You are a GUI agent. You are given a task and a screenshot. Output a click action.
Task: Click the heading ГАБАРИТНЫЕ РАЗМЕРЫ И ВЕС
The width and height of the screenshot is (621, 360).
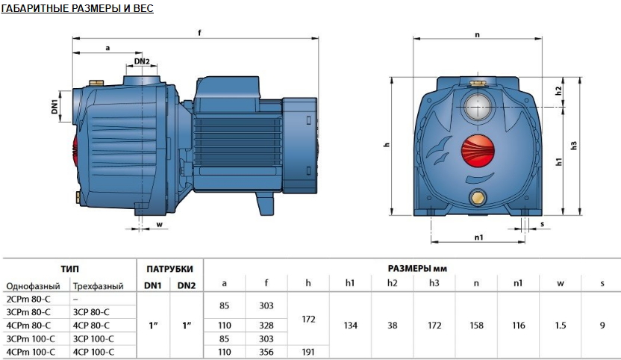coord(77,8)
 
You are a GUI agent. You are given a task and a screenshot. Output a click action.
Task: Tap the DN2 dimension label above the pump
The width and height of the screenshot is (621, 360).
coord(142,61)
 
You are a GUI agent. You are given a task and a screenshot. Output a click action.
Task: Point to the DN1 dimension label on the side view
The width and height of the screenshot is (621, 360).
coord(54,107)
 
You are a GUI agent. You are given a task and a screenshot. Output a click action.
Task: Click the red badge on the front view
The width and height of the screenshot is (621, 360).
coord(478,151)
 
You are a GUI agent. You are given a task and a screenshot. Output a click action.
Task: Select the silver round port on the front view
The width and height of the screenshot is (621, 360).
coord(478,107)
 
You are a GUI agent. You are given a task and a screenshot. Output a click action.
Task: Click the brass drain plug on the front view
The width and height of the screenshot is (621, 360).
coord(478,197)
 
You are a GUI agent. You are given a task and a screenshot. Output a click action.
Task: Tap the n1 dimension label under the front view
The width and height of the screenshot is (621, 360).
coord(478,238)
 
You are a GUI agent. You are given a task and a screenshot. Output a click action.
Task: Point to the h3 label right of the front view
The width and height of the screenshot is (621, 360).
coord(574,146)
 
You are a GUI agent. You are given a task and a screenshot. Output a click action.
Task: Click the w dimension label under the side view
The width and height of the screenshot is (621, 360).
coord(159,225)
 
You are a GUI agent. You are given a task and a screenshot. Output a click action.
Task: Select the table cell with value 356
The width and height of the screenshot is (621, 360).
coord(266,352)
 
